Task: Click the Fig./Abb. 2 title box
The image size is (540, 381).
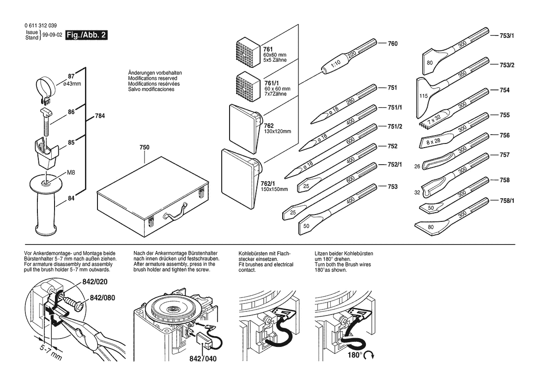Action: click(87, 35)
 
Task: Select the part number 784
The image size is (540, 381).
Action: click(100, 116)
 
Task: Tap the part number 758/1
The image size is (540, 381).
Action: click(507, 201)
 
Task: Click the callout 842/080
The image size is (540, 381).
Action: click(102, 298)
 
